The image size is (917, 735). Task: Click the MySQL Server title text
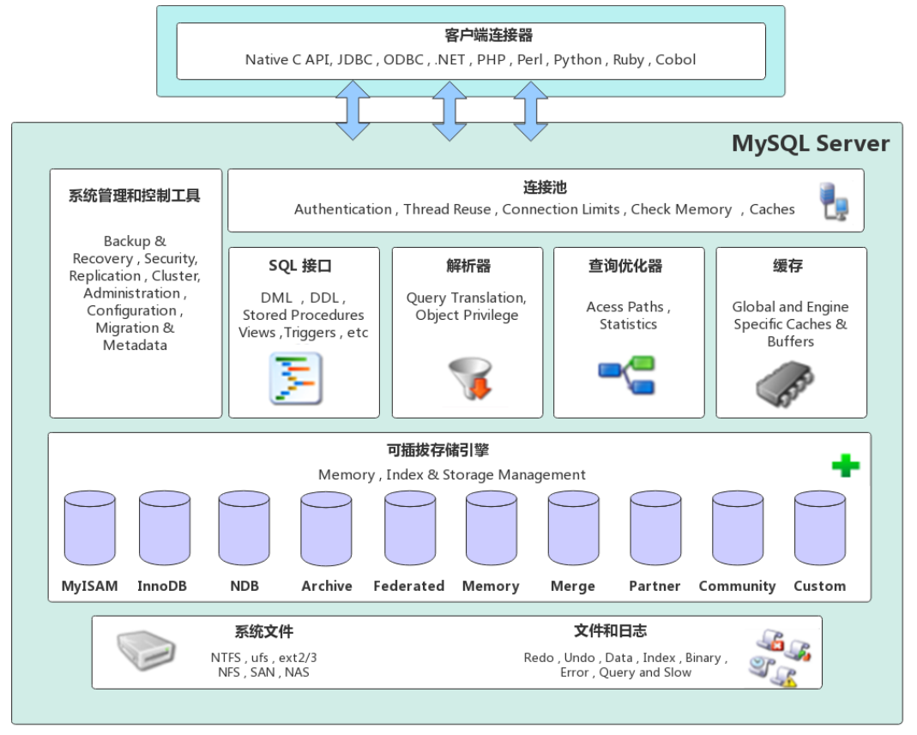[810, 143]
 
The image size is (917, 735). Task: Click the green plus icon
[845, 466]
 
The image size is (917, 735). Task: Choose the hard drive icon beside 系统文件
[146, 652]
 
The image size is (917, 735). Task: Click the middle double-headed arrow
[449, 111]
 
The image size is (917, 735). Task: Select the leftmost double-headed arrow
[353, 111]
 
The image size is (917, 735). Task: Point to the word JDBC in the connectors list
[355, 60]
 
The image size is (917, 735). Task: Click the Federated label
[408, 587]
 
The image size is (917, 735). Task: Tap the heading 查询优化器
[624, 266]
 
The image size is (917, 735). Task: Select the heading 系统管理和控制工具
[134, 196]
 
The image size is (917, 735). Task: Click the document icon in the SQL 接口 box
[296, 378]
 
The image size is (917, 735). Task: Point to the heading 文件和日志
[610, 631]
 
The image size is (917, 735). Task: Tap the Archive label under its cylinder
[326, 587]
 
